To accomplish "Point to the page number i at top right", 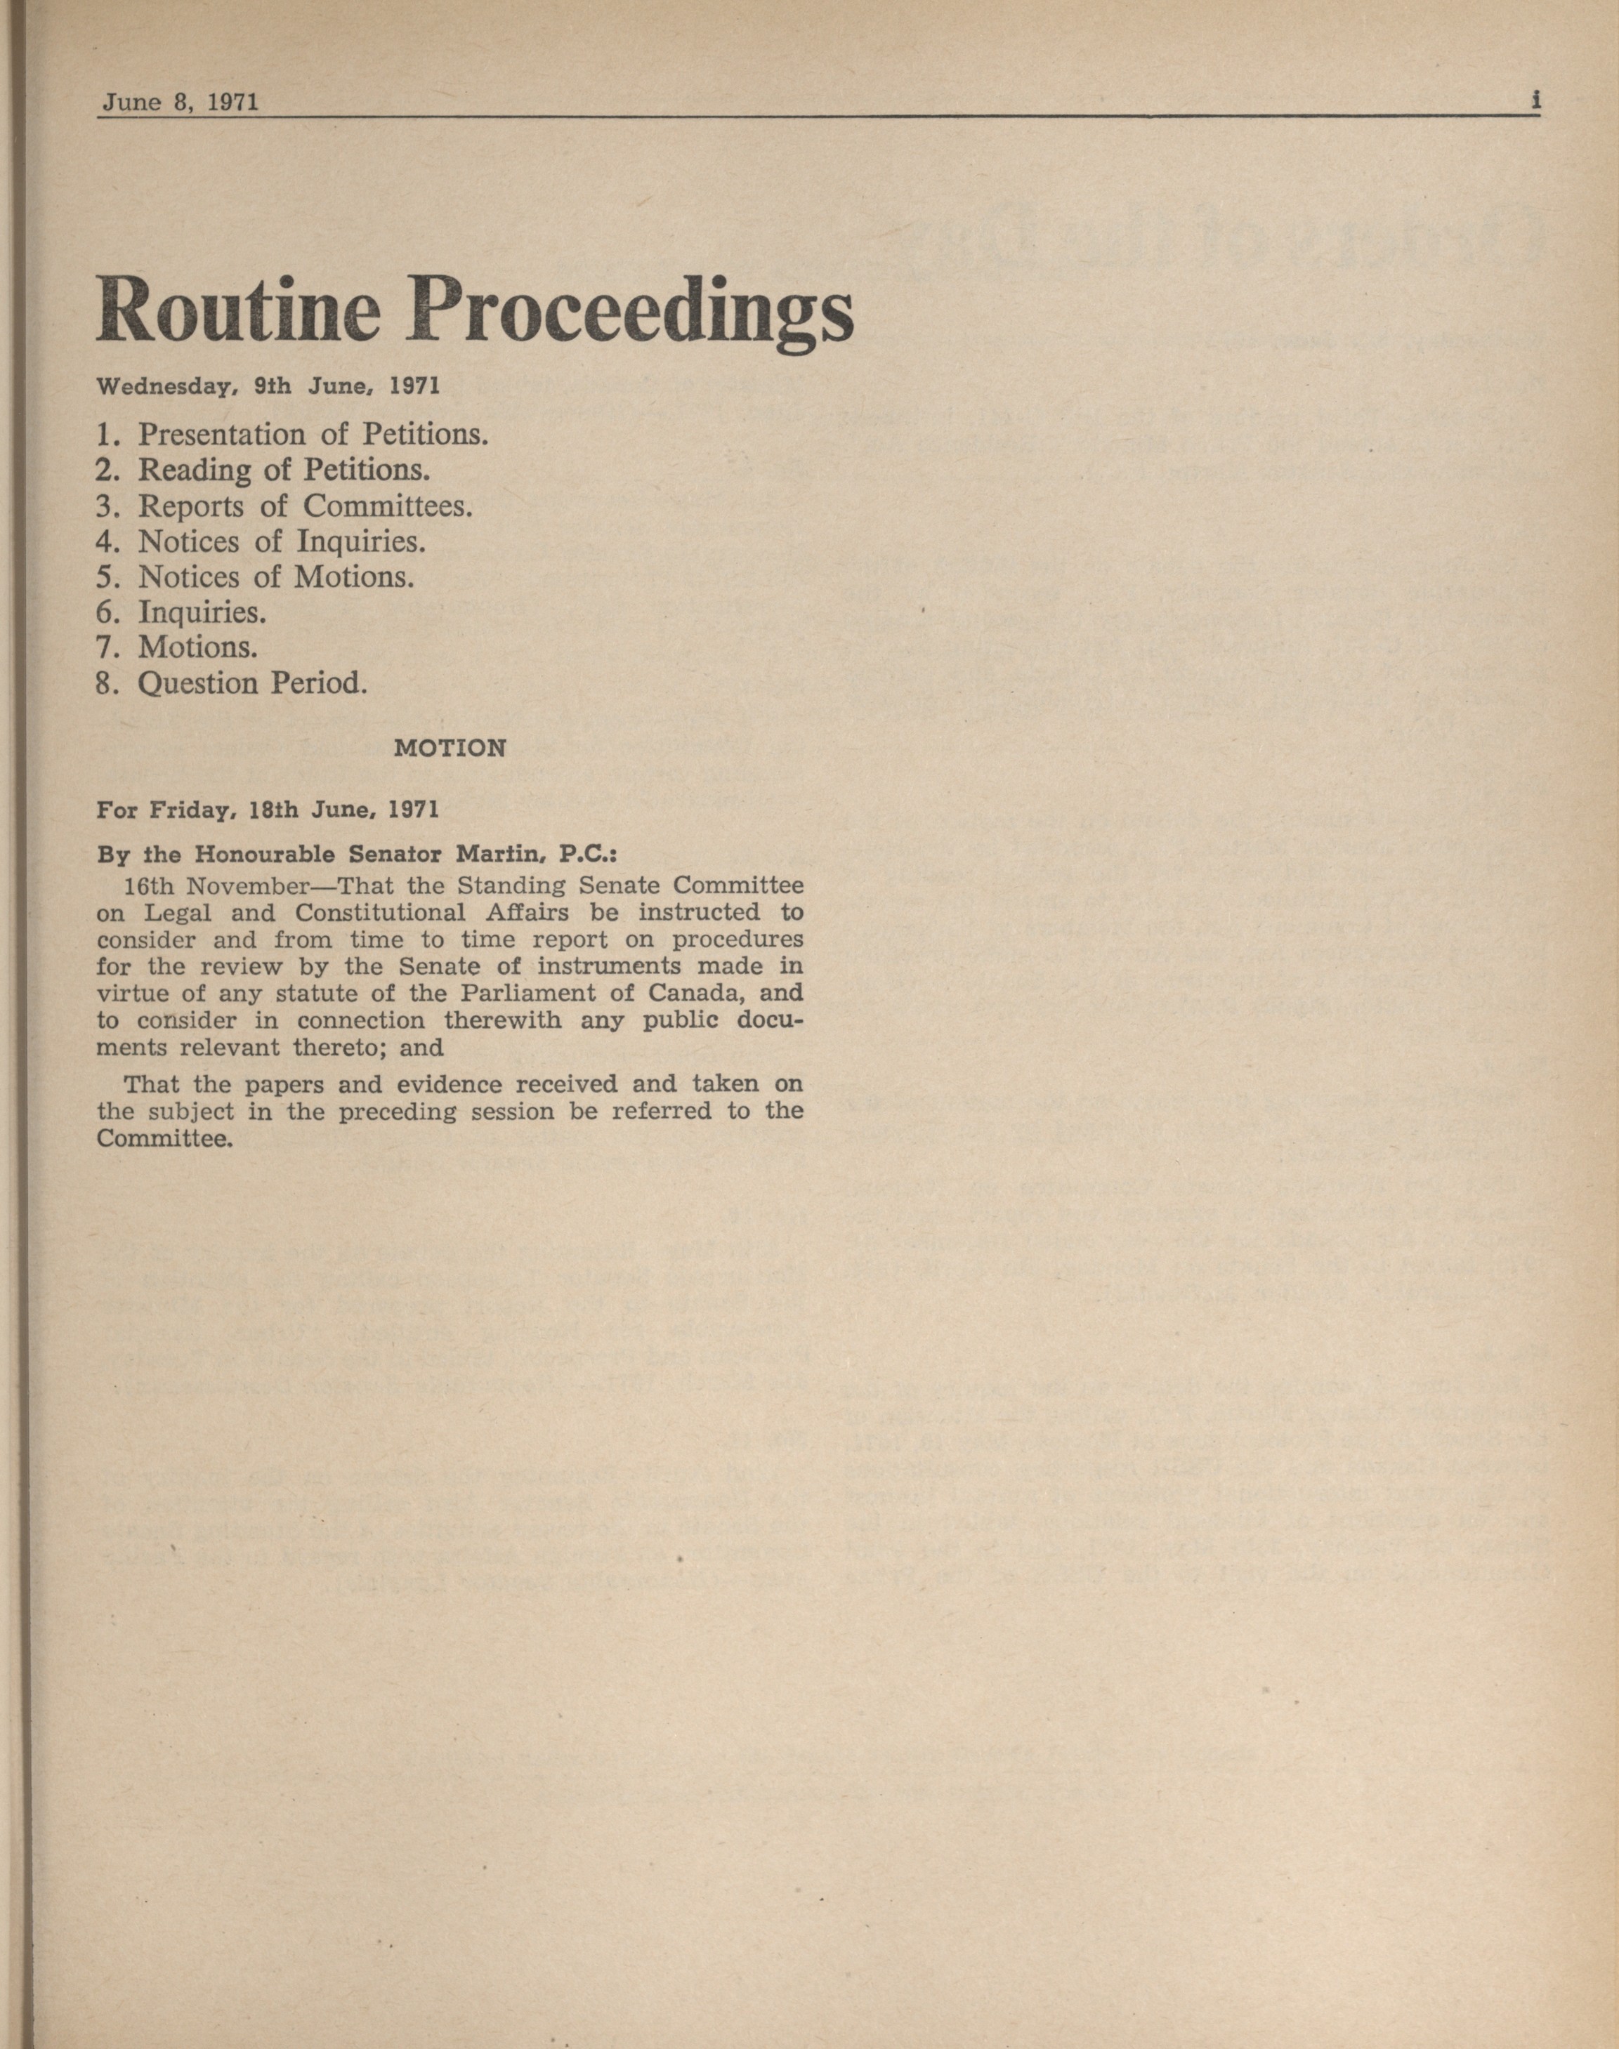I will pyautogui.click(x=1535, y=100).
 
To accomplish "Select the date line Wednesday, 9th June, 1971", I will pyautogui.click(x=268, y=387).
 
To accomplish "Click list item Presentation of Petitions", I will pyautogui.click(x=292, y=434).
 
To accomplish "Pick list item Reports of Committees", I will pyautogui.click(x=284, y=506).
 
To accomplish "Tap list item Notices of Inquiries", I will pyautogui.click(x=261, y=541).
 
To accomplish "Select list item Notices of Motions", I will pyautogui.click(x=255, y=577).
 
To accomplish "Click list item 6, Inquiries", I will pyautogui.click(x=181, y=612).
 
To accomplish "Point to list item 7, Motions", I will pyautogui.click(x=177, y=647).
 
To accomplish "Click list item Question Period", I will pyautogui.click(x=231, y=683).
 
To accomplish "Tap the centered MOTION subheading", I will pyautogui.click(x=450, y=748).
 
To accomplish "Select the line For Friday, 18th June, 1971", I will pyautogui.click(x=268, y=810).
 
